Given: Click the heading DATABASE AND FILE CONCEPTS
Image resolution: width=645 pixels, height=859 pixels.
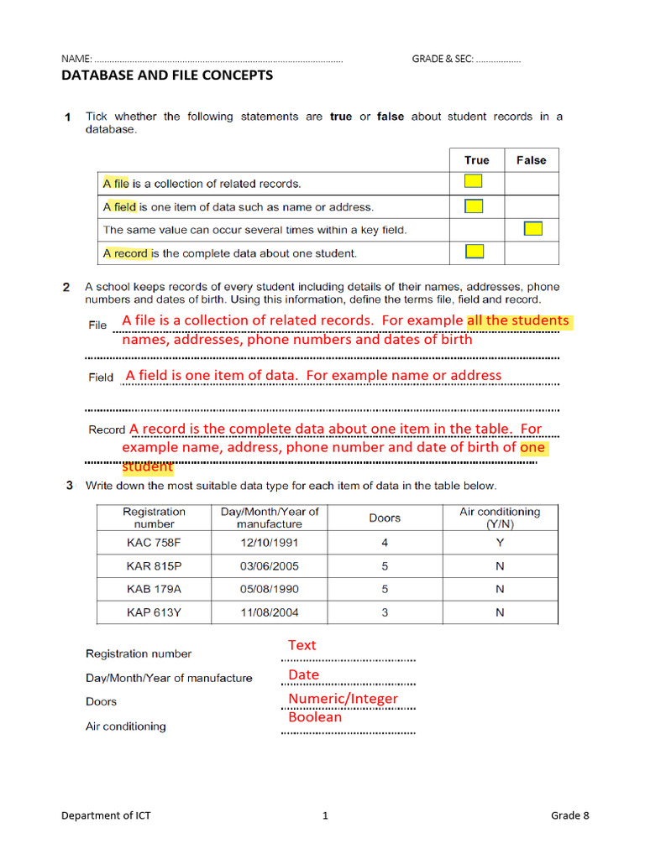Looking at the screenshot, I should click(x=167, y=75).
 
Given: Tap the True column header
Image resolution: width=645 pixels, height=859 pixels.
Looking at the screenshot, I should click(x=476, y=160).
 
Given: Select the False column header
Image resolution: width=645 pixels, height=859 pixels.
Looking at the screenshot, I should click(x=531, y=160).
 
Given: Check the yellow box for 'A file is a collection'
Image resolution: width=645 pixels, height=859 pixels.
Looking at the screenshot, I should click(x=474, y=181).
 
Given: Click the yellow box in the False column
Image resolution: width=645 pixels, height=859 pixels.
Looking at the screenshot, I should click(x=532, y=228).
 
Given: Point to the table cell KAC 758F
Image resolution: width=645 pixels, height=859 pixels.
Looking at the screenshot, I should click(x=154, y=543).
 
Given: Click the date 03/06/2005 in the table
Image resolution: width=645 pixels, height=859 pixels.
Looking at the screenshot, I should click(x=270, y=566).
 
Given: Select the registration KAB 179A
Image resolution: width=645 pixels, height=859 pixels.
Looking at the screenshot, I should click(x=154, y=589).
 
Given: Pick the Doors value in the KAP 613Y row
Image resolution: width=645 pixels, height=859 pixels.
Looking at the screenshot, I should click(x=385, y=612).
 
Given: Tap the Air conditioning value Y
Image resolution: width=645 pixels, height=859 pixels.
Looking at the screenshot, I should click(x=500, y=543).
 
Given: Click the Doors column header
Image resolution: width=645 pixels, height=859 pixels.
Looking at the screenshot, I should click(x=385, y=518).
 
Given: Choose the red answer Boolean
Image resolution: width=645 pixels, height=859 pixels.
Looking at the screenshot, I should click(x=315, y=717).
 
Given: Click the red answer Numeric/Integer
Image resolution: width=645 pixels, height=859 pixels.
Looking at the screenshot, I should click(x=343, y=698).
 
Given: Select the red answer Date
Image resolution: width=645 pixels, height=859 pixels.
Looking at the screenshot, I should click(x=303, y=674).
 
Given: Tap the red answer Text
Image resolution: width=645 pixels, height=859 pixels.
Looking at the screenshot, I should click(x=302, y=645).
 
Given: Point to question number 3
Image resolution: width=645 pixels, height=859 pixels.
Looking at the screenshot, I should click(x=66, y=485).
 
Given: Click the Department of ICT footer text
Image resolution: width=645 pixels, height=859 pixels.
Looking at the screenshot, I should click(x=106, y=815).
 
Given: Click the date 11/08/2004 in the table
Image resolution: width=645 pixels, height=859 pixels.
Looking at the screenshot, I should click(x=270, y=612).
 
